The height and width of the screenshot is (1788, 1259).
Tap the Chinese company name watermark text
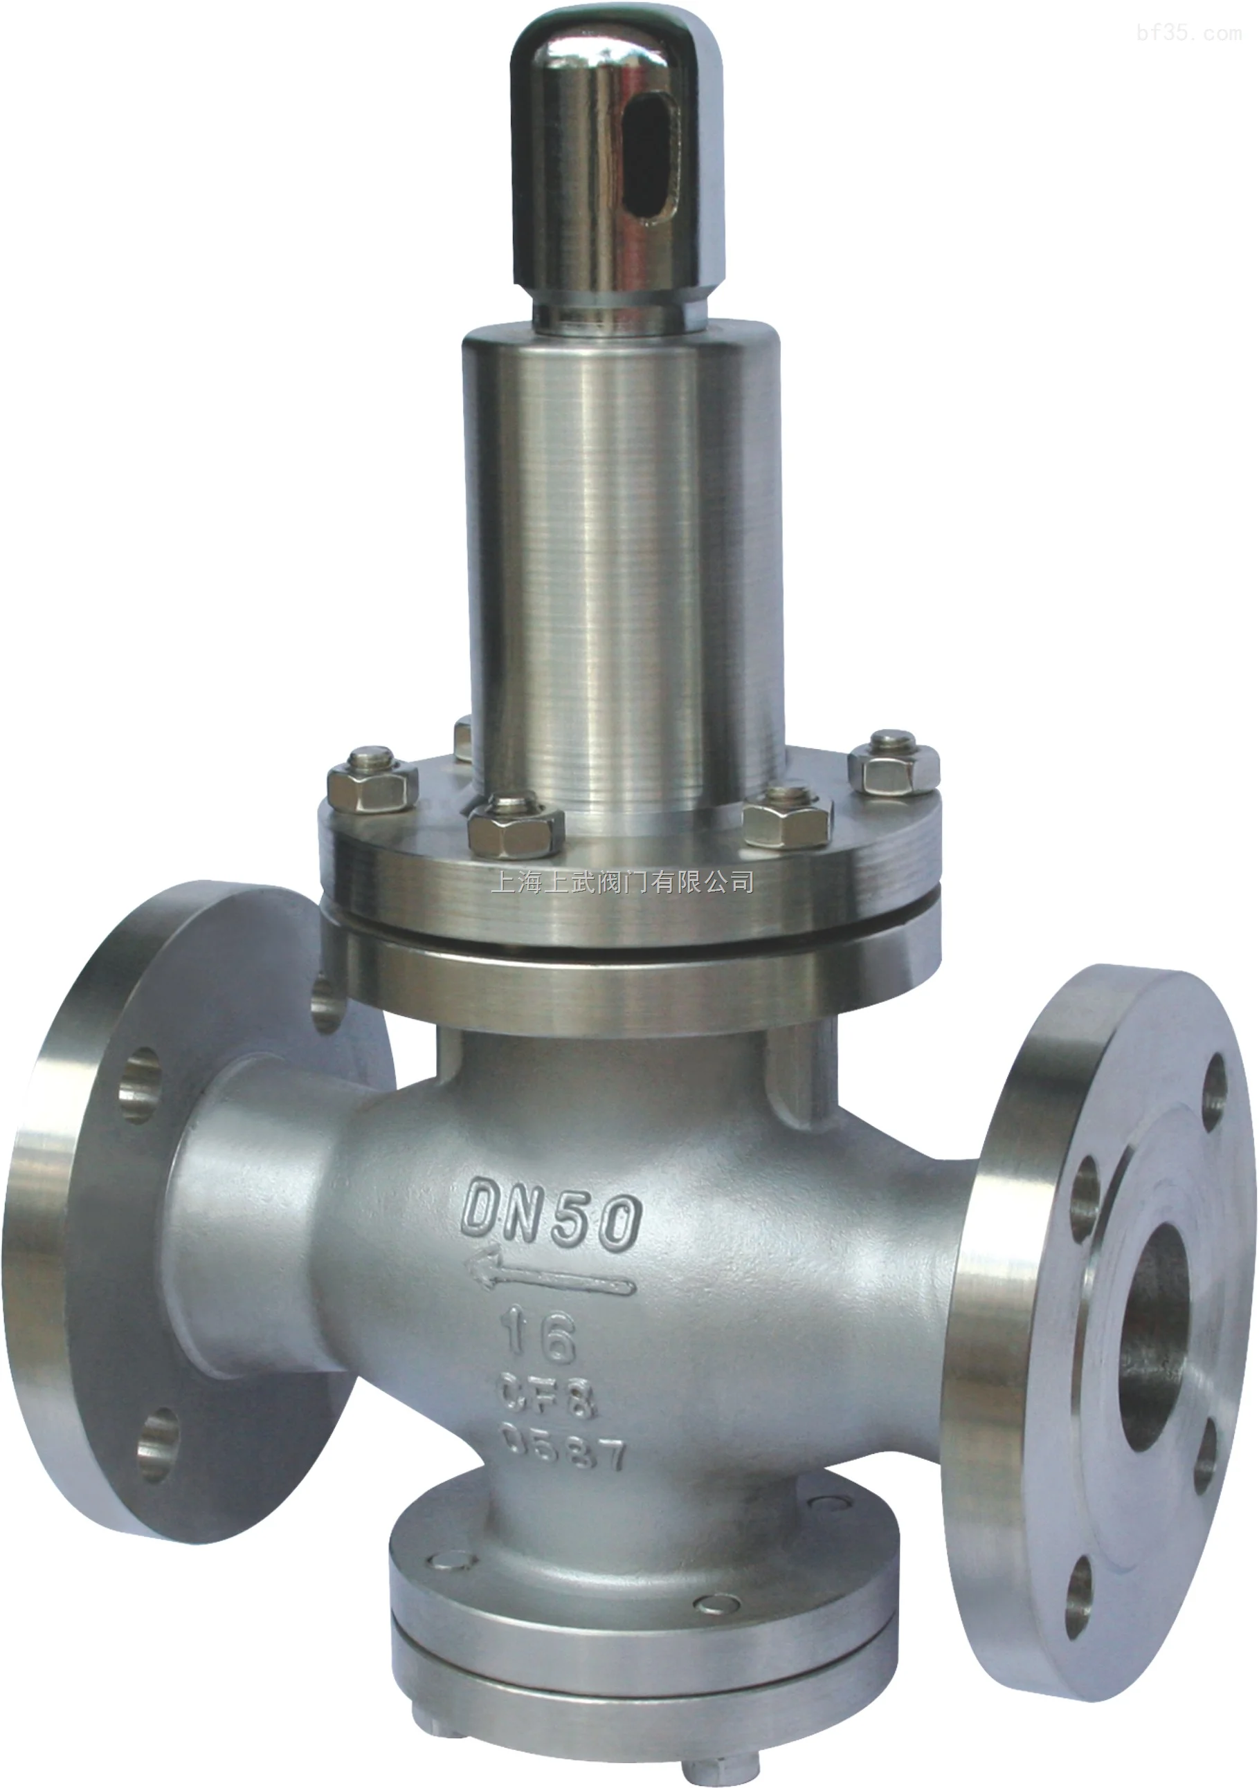point(622,883)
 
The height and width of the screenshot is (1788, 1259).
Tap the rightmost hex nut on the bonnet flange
point(893,767)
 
